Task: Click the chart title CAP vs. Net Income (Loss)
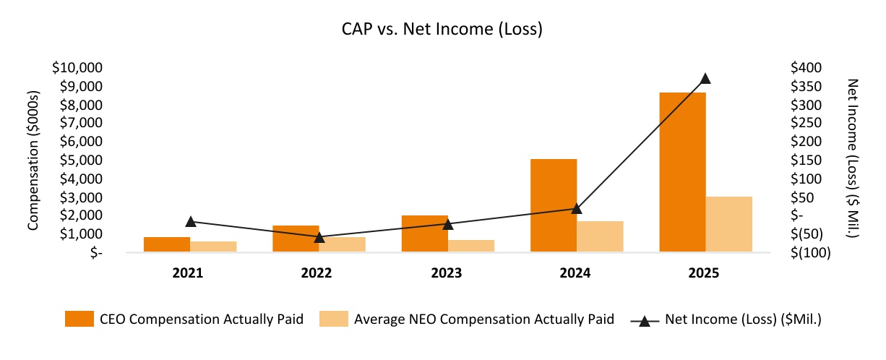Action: click(x=442, y=30)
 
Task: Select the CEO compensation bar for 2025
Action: click(x=682, y=172)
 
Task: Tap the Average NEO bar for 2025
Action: click(x=728, y=224)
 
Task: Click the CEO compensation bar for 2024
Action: click(x=554, y=205)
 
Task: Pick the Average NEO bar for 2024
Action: click(x=600, y=236)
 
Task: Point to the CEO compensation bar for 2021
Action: click(x=167, y=244)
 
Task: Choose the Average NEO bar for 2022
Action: click(x=342, y=244)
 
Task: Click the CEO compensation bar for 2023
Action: click(x=425, y=233)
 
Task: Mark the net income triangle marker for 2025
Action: click(x=705, y=79)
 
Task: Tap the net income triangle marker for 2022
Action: click(x=319, y=236)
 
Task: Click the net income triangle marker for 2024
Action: click(x=577, y=208)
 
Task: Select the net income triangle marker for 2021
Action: click(x=191, y=222)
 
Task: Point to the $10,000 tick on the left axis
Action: click(x=77, y=68)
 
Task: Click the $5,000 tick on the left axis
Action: click(x=81, y=160)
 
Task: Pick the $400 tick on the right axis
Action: click(x=806, y=68)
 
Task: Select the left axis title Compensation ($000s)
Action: click(x=33, y=160)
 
